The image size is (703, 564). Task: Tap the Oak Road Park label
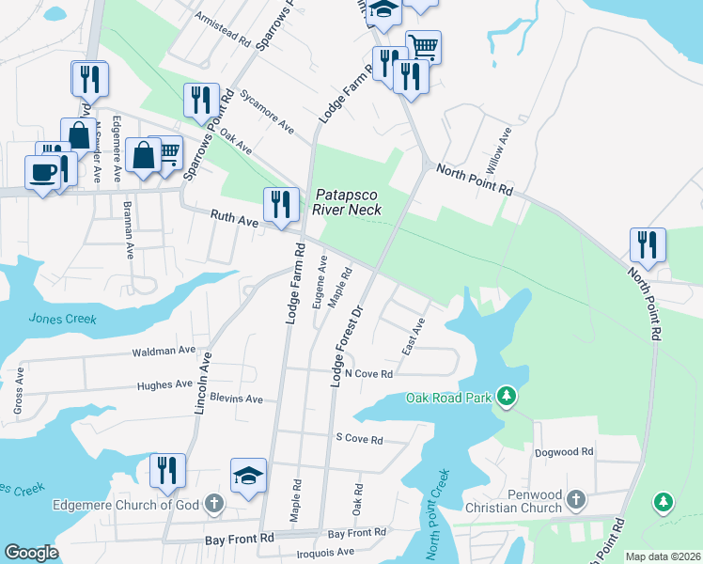[x=449, y=398]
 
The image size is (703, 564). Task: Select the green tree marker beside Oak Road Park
[x=507, y=396]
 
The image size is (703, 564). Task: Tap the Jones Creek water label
[x=62, y=320]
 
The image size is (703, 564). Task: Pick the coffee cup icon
[x=41, y=172]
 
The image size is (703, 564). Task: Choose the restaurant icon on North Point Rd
[x=647, y=245]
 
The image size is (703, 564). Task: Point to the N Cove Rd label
[x=367, y=373]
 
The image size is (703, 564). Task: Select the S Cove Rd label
[x=359, y=439]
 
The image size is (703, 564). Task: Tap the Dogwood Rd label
[x=564, y=452]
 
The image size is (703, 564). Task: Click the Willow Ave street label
[x=496, y=149]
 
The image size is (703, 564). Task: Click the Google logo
[x=32, y=553]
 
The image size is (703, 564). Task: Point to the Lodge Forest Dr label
[x=346, y=346]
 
